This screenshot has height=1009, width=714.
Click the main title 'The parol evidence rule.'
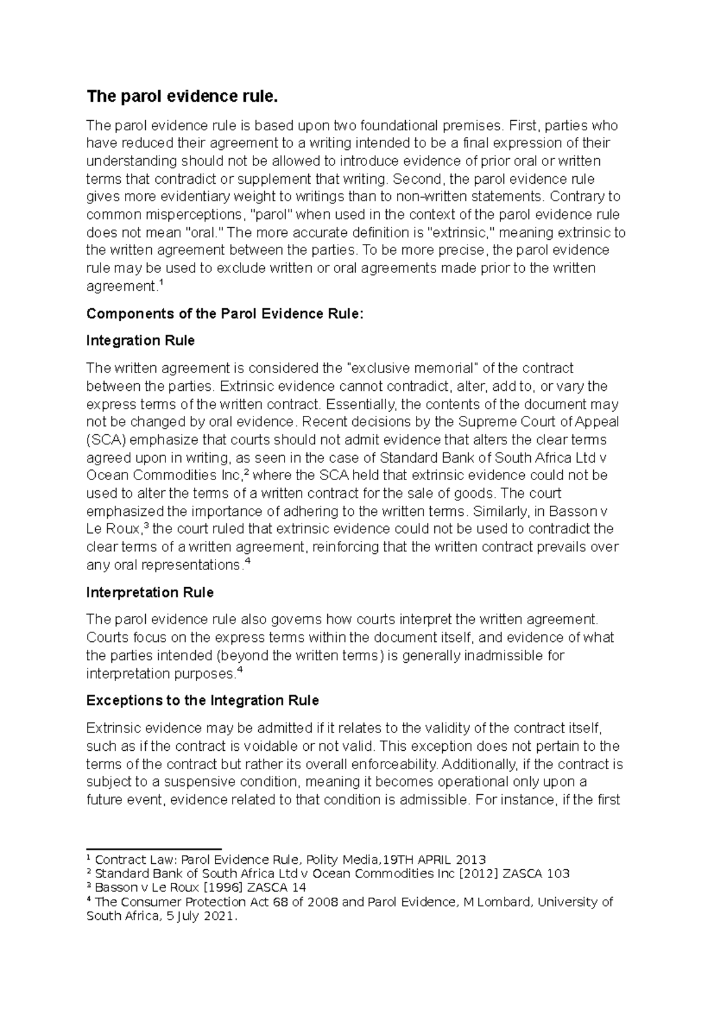(182, 96)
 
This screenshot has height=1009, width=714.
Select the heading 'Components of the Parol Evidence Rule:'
(224, 314)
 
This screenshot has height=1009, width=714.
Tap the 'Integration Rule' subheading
(140, 340)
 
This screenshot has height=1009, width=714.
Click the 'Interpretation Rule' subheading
(150, 593)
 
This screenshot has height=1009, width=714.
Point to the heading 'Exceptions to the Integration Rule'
(202, 700)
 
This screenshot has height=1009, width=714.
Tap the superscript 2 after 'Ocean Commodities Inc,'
(247, 472)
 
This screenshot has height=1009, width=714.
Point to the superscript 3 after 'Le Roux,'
(148, 526)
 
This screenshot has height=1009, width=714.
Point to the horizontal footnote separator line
(154, 849)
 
